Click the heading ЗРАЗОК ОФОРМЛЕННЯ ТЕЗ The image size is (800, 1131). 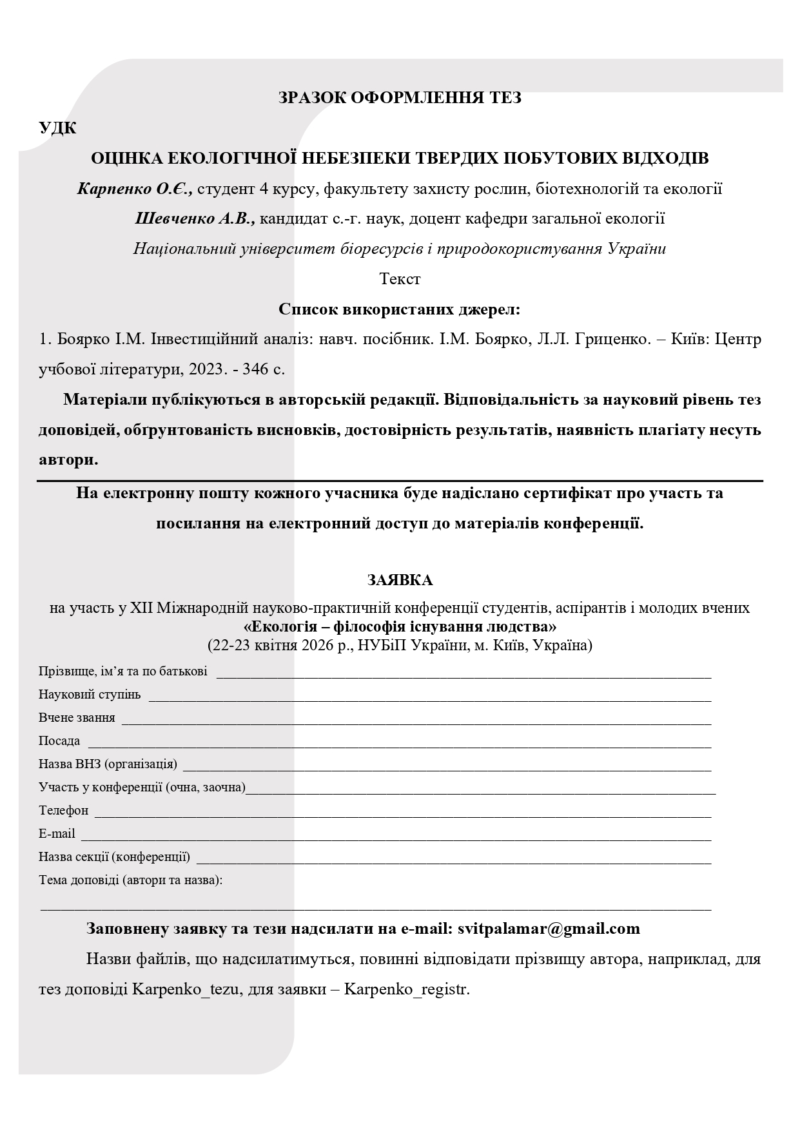click(x=400, y=98)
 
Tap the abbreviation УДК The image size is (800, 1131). click(x=57, y=128)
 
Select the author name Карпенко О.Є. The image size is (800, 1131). click(x=134, y=189)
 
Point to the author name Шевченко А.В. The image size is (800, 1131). click(x=195, y=218)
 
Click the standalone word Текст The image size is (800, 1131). click(x=400, y=279)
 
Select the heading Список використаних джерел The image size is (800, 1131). click(x=400, y=309)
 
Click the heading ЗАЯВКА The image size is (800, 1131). click(x=400, y=580)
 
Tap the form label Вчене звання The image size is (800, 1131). click(x=77, y=718)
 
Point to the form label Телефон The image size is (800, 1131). click(x=63, y=811)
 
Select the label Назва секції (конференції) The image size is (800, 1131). click(x=114, y=857)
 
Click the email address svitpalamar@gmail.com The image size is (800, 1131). click(x=549, y=929)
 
